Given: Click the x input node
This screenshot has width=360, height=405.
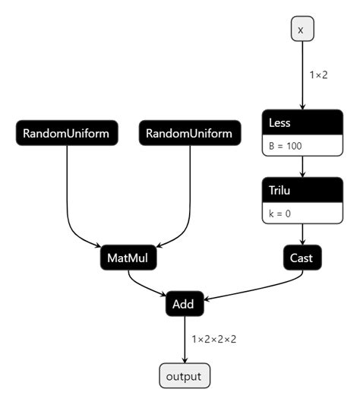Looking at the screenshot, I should tap(302, 30).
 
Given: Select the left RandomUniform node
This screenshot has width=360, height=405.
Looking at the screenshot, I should tap(67, 134).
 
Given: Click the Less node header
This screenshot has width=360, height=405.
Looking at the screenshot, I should tap(302, 122).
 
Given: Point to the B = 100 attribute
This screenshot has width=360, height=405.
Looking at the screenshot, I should tap(302, 144).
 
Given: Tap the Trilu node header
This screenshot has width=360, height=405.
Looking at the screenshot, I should tap(302, 190).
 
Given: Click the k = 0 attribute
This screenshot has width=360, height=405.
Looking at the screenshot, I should tap(302, 213).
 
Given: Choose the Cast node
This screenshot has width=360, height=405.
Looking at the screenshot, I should tap(302, 258).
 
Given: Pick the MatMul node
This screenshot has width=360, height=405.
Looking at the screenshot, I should tap(128, 258).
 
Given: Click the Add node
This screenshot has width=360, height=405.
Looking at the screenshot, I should tap(184, 304).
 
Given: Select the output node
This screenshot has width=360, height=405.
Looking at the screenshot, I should tap(184, 376).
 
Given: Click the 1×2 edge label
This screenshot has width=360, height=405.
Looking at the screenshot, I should tap(320, 75).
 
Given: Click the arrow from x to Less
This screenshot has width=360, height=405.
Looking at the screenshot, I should tap(302, 76).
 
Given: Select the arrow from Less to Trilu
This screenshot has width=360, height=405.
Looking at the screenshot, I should tap(302, 167).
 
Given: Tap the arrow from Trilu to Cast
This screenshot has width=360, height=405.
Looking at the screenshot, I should tap(302, 234).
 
